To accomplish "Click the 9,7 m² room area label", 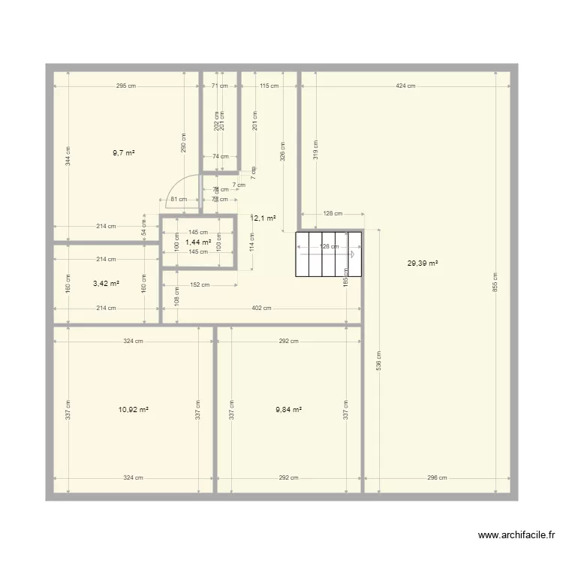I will pyautogui.click(x=124, y=152).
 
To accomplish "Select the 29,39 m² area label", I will pyautogui.click(x=422, y=263).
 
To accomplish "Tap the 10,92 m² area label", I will pyautogui.click(x=133, y=410).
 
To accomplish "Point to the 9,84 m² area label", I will pyautogui.click(x=288, y=410).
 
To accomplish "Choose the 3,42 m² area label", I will pyautogui.click(x=106, y=284).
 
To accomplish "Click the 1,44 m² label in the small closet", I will pyautogui.click(x=197, y=242).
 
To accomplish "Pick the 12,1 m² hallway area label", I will pyautogui.click(x=263, y=218).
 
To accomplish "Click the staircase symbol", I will pyautogui.click(x=329, y=254).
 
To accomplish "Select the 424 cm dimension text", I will pyautogui.click(x=405, y=86).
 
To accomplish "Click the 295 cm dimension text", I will pyautogui.click(x=126, y=86).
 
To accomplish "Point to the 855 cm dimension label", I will pyautogui.click(x=495, y=282).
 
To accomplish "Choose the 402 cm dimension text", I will pyautogui.click(x=261, y=308).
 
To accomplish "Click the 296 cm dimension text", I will pyautogui.click(x=438, y=477).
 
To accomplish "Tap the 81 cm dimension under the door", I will pyautogui.click(x=178, y=200).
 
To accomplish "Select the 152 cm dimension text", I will pyautogui.click(x=200, y=285).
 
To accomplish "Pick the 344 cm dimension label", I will pyautogui.click(x=68, y=155).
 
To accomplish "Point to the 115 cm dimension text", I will pyautogui.click(x=269, y=86).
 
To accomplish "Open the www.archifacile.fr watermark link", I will pyautogui.click(x=516, y=535).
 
